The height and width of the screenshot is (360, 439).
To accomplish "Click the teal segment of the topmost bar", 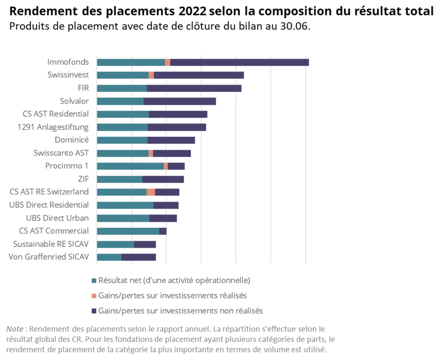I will [131, 63].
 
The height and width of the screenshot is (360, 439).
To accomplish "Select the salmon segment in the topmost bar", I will [168, 63].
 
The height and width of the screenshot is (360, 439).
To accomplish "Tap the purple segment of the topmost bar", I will [240, 63].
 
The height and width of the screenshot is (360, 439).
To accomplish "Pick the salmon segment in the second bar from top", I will [151, 75].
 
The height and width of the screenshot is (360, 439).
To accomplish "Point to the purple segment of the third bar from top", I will [195, 88].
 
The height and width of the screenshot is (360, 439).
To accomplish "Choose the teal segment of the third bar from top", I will [122, 88].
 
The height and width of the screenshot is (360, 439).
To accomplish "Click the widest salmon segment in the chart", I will [151, 192].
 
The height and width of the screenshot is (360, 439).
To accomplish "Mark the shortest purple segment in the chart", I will [163, 231].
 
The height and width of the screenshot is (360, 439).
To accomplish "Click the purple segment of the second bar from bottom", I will [146, 245].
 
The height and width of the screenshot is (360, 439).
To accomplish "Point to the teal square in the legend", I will [93, 281].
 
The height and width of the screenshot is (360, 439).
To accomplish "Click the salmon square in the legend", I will [93, 295].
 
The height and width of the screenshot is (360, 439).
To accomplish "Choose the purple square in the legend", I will [93, 310].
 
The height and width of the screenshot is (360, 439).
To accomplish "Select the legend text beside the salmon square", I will [174, 295].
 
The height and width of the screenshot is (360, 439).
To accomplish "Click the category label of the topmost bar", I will [67, 62].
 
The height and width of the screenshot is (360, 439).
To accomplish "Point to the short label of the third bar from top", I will [81, 88].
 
